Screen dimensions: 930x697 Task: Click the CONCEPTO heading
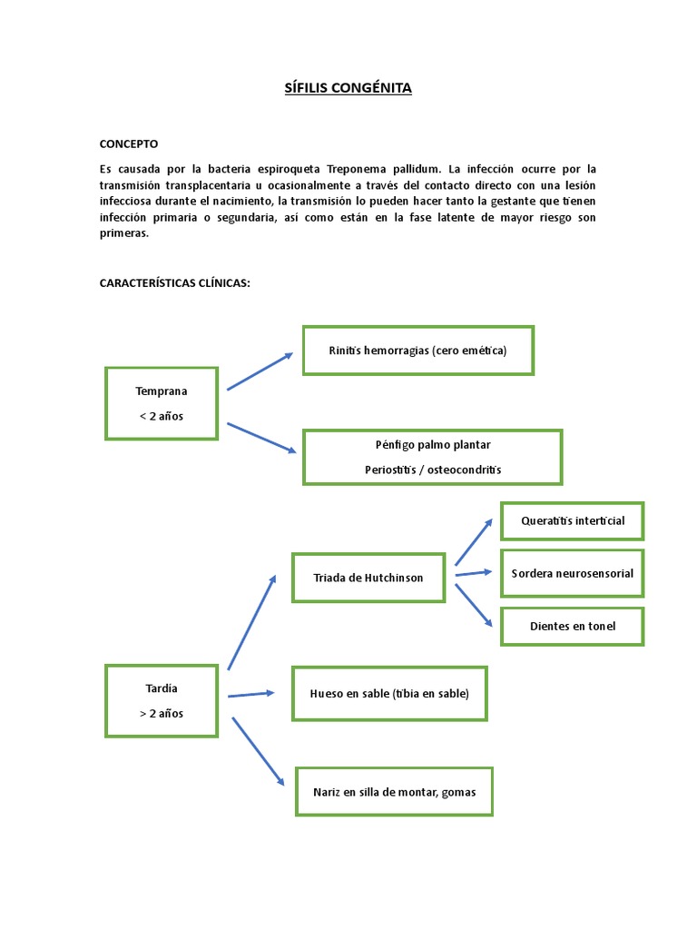click(128, 143)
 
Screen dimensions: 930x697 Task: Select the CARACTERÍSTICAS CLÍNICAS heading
click(174, 283)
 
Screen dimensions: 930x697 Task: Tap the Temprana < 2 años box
click(162, 403)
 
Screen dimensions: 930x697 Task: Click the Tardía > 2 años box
click(162, 700)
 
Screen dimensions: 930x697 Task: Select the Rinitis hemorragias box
click(417, 350)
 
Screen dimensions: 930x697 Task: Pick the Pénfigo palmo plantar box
click(432, 457)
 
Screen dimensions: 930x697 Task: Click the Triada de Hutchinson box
click(368, 578)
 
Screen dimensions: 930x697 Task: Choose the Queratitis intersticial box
click(572, 521)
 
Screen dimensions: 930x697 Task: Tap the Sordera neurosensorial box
click(572, 573)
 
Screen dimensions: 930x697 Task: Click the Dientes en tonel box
click(572, 626)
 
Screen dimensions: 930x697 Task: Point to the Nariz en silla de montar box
click(394, 791)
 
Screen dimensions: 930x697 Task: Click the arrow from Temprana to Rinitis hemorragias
click(260, 371)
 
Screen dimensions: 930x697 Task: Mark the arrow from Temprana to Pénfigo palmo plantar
click(261, 438)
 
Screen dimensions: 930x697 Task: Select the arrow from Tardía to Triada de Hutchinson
click(251, 623)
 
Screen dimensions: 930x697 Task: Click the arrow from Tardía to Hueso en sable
click(251, 694)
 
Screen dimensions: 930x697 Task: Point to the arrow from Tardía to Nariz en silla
click(259, 750)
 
